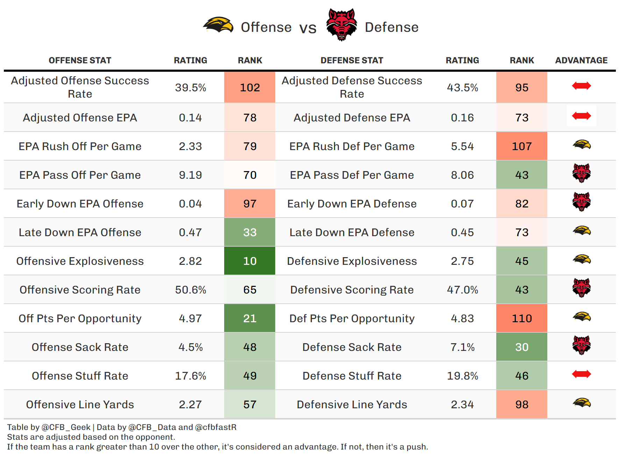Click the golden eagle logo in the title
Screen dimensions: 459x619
pos(218,25)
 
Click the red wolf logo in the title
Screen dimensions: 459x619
pos(341,25)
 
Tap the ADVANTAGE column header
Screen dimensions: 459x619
pos(581,61)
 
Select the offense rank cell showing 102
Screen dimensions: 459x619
pos(250,87)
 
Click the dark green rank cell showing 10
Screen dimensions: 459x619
pos(250,261)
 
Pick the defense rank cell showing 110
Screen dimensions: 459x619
pos(521,318)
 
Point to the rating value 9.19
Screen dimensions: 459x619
pos(190,175)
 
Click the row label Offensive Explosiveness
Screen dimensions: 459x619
pos(80,261)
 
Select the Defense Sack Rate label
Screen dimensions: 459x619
pos(352,347)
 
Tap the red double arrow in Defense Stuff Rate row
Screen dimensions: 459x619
pos(581,374)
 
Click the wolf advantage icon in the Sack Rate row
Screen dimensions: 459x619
pos(581,345)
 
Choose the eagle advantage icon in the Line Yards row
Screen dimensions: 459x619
pos(581,403)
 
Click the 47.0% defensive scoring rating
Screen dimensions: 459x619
pos(462,290)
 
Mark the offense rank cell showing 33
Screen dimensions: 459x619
pos(250,232)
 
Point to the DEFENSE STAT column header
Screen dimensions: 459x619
pos(352,61)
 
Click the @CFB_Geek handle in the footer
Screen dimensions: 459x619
pos(66,427)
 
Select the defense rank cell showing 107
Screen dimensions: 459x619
pos(521,146)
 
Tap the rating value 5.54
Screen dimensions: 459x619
pos(462,146)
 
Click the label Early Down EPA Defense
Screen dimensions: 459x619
pos(352,204)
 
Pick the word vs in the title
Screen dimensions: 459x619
pos(308,28)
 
